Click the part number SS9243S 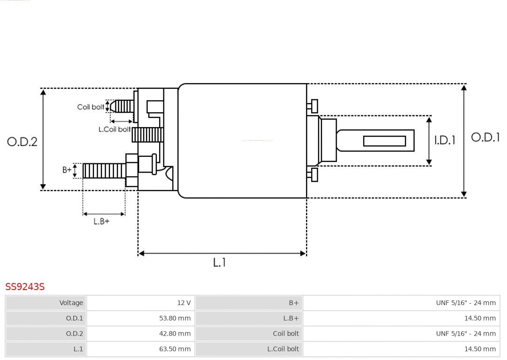click(x=25, y=286)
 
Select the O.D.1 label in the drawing click(x=485, y=138)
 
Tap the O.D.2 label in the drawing click(x=22, y=141)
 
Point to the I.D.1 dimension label click(x=444, y=140)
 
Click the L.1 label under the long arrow click(x=220, y=262)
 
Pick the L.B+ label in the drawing click(x=101, y=221)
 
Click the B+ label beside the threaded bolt click(x=67, y=170)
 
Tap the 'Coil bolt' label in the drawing click(x=91, y=107)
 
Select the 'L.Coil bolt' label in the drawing click(x=114, y=129)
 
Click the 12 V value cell click(x=184, y=303)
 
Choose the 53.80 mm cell click(x=175, y=318)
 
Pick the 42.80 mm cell click(x=175, y=334)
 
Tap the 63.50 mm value click(x=175, y=349)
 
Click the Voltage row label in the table click(x=71, y=303)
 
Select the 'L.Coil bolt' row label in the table click(x=283, y=349)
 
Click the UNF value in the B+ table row click(x=465, y=303)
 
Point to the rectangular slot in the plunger click(x=384, y=141)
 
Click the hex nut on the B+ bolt click(x=131, y=170)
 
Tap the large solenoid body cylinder click(x=242, y=141)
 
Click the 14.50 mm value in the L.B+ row click(x=480, y=318)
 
